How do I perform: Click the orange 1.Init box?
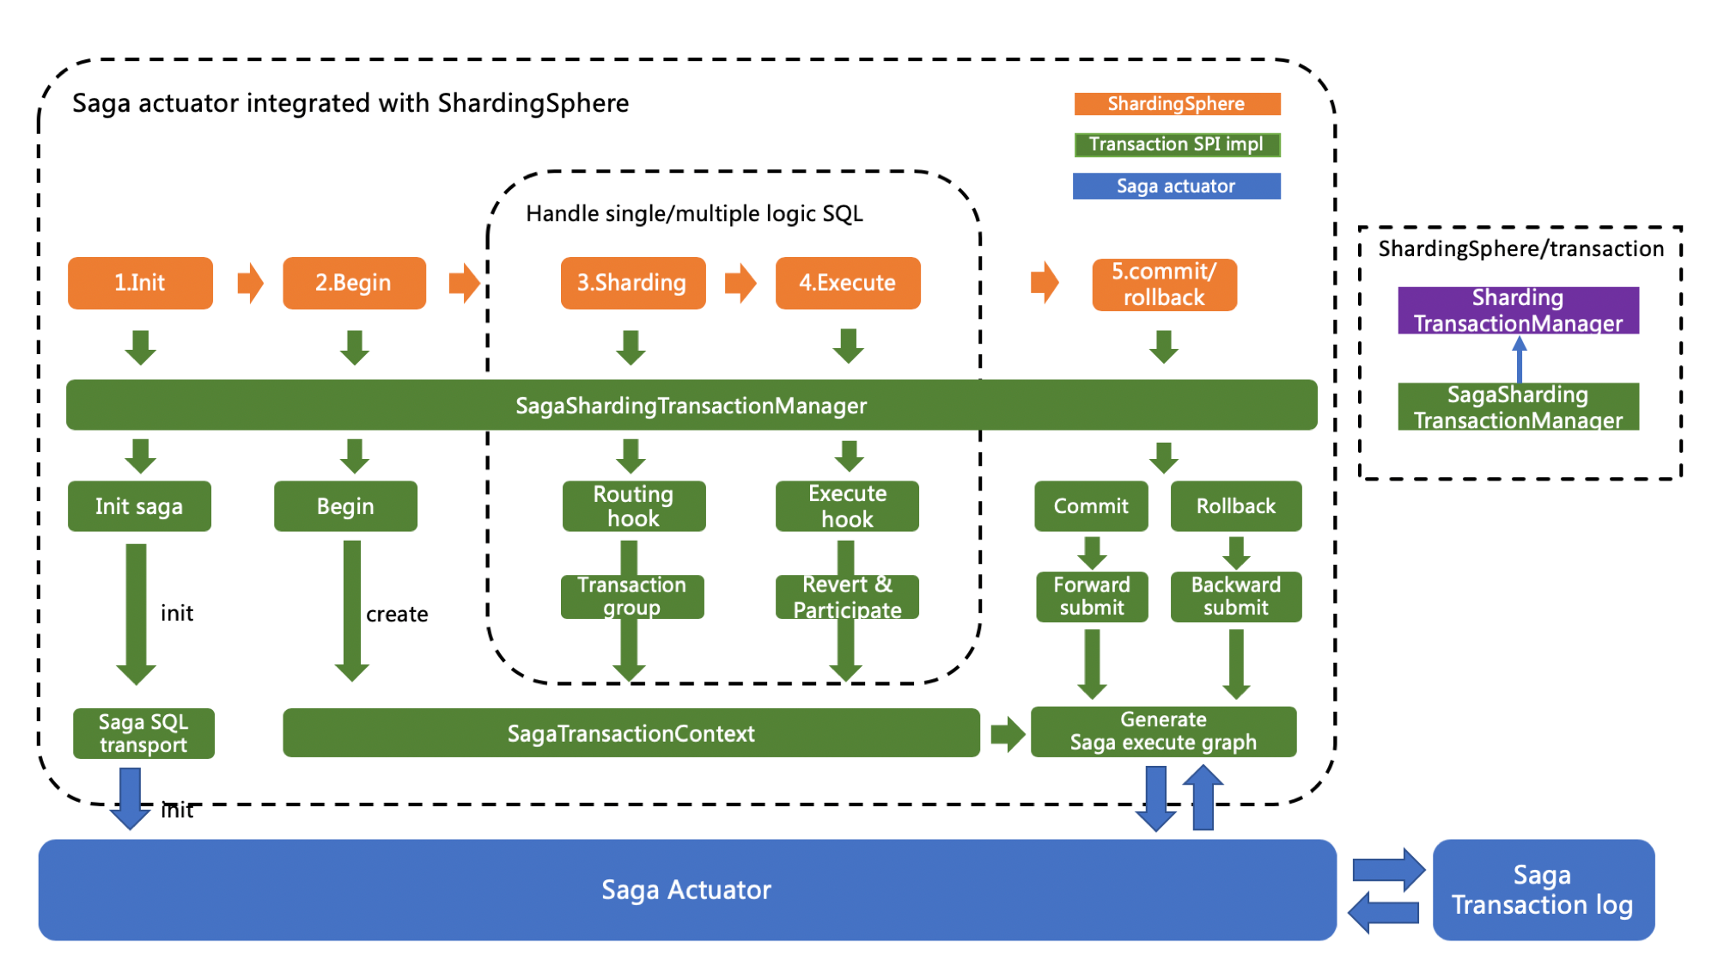click(140, 283)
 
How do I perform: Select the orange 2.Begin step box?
click(354, 283)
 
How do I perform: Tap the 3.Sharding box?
click(632, 283)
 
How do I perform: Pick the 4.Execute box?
click(847, 283)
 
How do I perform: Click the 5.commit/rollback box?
click(1164, 285)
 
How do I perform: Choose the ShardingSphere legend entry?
click(1176, 104)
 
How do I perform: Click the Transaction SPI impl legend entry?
click(1176, 144)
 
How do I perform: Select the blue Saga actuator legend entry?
click(1176, 186)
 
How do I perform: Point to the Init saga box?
click(139, 506)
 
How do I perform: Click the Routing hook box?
click(633, 506)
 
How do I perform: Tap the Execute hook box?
click(847, 506)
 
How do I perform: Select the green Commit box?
click(1091, 506)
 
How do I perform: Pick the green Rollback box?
click(1235, 506)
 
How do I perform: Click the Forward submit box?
click(1092, 597)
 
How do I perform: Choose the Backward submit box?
click(1235, 597)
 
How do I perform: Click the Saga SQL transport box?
click(143, 733)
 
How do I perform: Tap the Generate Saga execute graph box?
click(1163, 731)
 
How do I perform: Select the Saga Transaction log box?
click(1543, 890)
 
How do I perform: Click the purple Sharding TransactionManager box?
click(1518, 310)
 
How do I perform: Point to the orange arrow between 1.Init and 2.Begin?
click(250, 283)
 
